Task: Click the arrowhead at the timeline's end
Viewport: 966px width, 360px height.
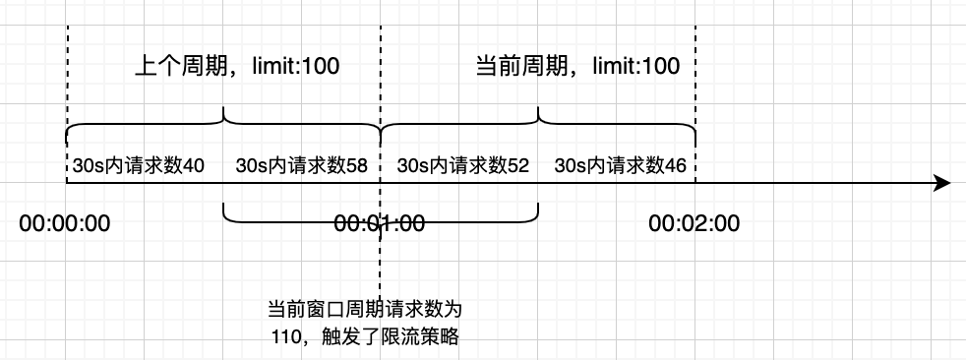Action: tap(941, 183)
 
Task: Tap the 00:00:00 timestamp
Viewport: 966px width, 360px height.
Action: tap(65, 223)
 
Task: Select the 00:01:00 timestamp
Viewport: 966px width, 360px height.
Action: tap(379, 223)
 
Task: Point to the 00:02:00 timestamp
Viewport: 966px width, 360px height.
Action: tap(694, 223)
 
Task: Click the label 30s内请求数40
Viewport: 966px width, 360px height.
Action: tap(138, 166)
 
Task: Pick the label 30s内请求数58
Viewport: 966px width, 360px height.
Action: tap(301, 166)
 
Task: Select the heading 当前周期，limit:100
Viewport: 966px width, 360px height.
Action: tap(577, 67)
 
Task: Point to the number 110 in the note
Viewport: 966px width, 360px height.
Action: tap(289, 336)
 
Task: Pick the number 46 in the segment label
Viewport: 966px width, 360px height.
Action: tap(675, 166)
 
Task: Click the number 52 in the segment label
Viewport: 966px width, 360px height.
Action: tap(517, 166)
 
